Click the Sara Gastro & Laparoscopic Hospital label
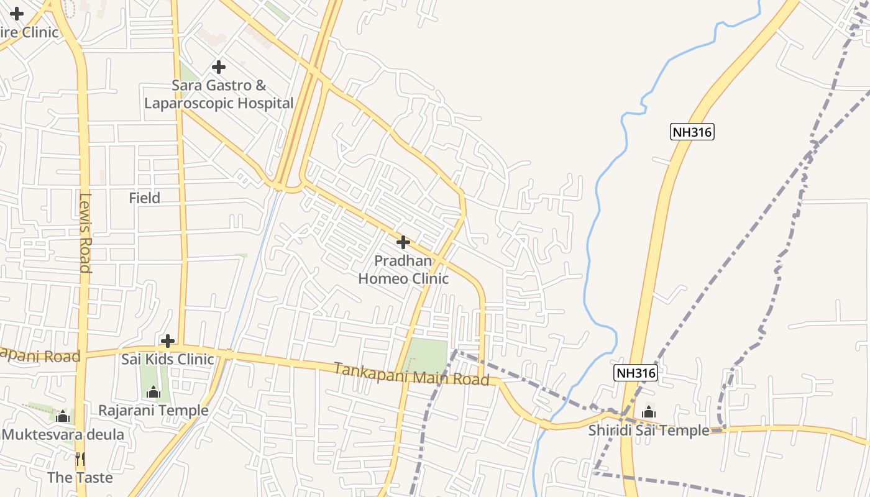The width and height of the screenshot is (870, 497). click(x=219, y=94)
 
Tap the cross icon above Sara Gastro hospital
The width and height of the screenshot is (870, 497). click(x=218, y=66)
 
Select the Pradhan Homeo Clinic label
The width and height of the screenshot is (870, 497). click(x=403, y=270)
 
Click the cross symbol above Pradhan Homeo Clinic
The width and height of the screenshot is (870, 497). click(x=403, y=242)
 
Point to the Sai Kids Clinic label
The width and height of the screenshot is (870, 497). click(x=168, y=359)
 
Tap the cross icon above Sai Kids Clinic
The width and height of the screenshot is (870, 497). click(x=167, y=341)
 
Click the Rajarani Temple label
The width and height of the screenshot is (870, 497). click(x=153, y=411)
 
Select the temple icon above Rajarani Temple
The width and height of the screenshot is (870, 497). click(x=153, y=393)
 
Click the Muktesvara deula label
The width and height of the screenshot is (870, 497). click(x=63, y=434)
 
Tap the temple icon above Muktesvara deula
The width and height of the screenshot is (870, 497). click(x=62, y=416)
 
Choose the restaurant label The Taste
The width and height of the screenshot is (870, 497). click(x=80, y=478)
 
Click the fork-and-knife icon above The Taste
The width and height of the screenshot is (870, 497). click(x=80, y=459)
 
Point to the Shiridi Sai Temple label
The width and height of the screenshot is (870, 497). click(x=649, y=431)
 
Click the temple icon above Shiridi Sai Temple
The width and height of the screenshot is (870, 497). click(x=649, y=412)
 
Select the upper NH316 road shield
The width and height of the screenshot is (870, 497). click(x=692, y=132)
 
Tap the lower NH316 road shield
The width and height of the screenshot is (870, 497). click(x=635, y=373)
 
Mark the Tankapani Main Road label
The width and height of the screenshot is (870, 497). click(x=411, y=374)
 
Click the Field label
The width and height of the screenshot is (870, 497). click(x=144, y=198)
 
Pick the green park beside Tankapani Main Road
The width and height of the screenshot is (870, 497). click(x=428, y=356)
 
